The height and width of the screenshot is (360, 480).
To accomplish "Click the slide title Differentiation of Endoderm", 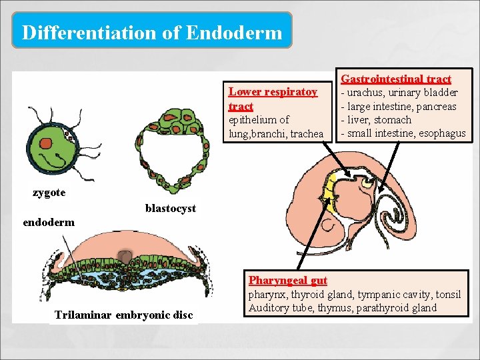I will [152, 31].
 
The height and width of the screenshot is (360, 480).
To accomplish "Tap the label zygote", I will [49, 193].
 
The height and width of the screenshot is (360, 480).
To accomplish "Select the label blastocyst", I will [171, 208].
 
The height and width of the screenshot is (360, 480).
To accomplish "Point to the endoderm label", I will [49, 222].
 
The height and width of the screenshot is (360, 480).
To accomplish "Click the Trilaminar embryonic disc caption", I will [123, 315].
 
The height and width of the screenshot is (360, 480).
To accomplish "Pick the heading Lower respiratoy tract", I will [273, 99].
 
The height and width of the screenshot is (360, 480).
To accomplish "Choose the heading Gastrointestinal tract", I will [396, 79].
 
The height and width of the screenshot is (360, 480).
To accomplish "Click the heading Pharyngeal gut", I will [287, 281].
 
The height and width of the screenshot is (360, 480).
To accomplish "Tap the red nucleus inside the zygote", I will [46, 143].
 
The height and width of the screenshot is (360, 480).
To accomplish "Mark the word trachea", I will [305, 134].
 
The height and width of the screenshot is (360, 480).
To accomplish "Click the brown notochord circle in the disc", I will [125, 255].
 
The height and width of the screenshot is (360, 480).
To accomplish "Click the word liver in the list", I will [358, 120].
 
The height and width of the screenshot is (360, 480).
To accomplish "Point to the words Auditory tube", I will [275, 307].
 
